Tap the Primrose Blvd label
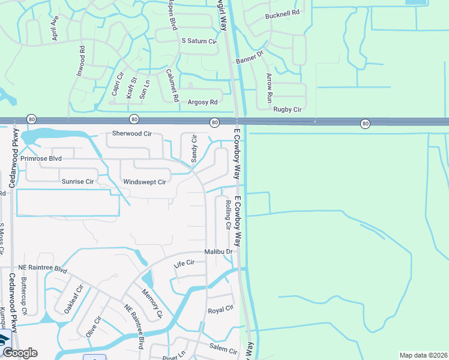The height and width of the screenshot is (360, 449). coord(41,159)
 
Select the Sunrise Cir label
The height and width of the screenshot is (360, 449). coord(78,181)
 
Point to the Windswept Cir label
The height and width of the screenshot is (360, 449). coord(144,182)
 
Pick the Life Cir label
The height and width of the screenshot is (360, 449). coord(184,263)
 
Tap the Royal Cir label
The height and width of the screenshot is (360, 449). coord(220,310)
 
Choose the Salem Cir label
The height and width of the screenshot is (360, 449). coord(223,347)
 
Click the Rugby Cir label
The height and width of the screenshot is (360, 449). coord(288,109)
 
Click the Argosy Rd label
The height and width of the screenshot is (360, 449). coord(202,103)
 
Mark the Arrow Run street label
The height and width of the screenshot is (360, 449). coord(270,87)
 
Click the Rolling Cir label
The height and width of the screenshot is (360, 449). coord(228,215)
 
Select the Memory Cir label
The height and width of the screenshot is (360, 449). coord(152,303)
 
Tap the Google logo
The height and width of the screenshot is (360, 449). coord(20,353)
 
